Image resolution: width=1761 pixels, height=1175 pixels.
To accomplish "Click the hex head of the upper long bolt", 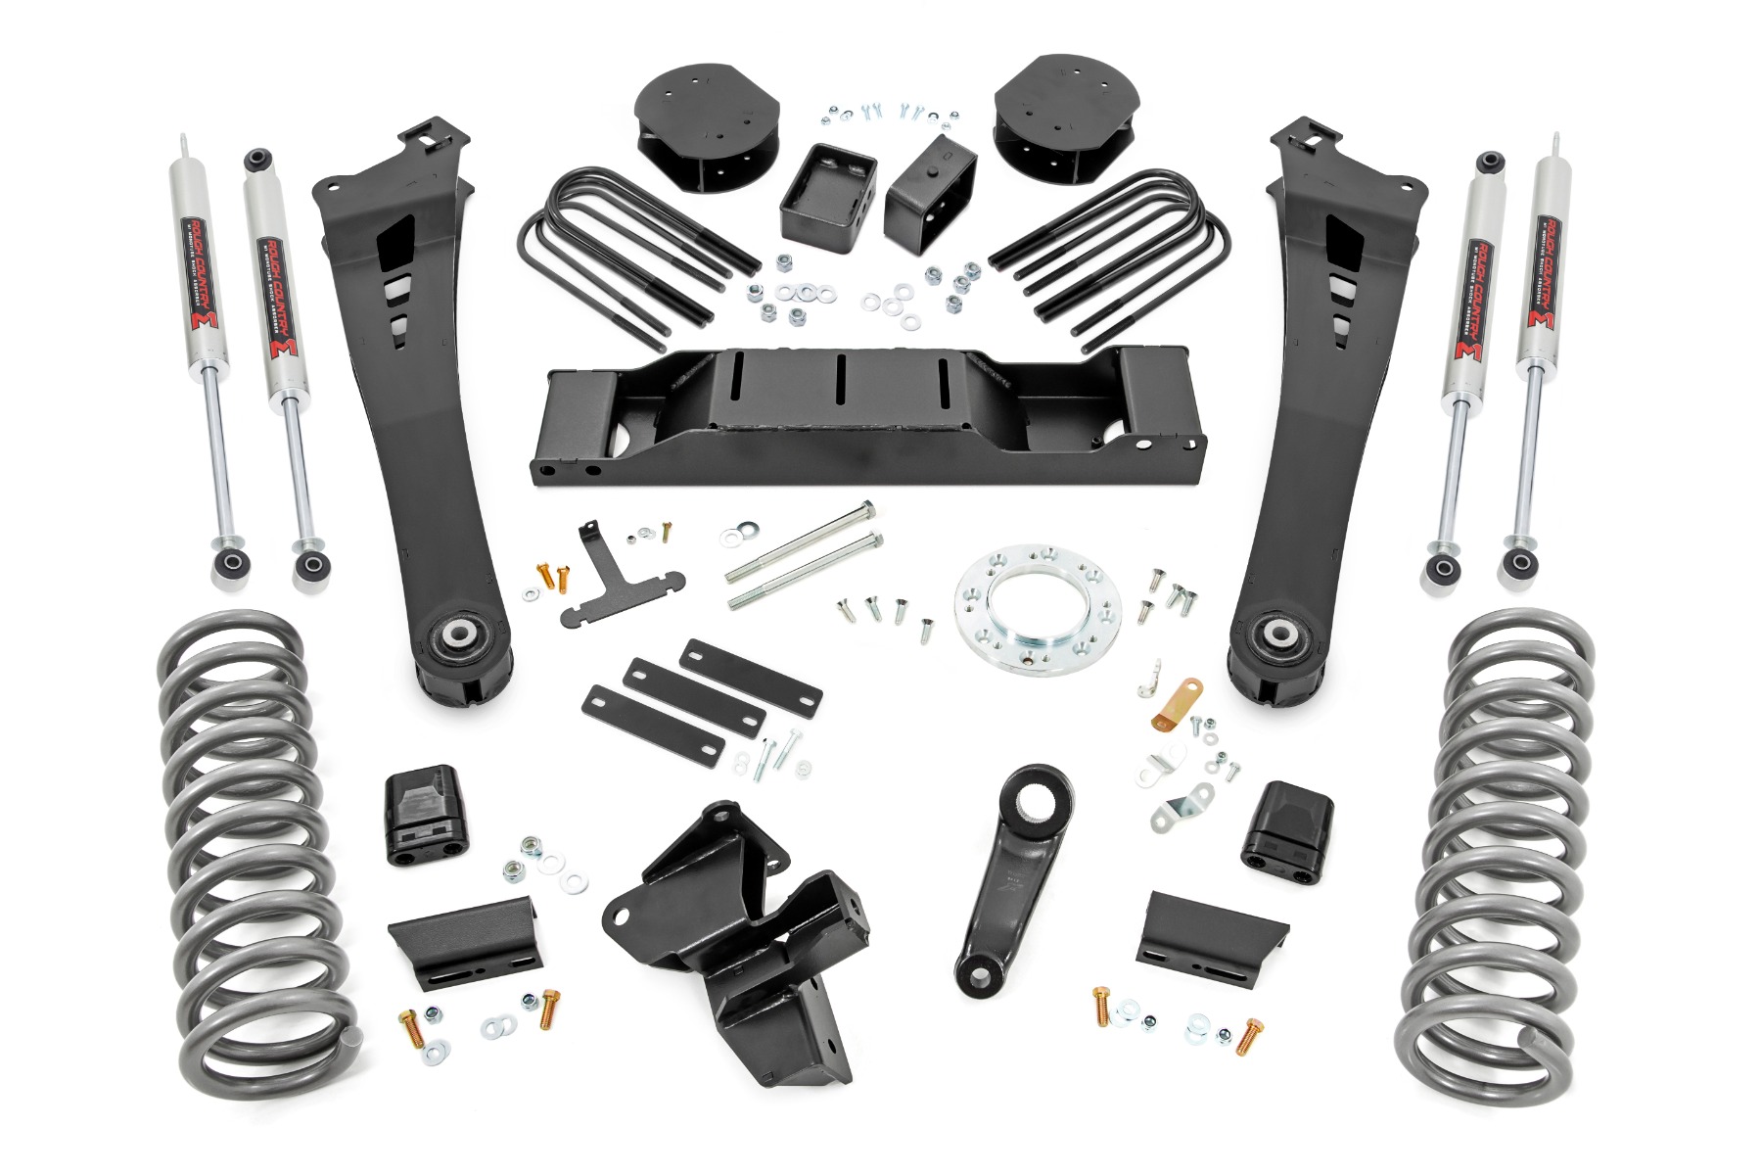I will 866,510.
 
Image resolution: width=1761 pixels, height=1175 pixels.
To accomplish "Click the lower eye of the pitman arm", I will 975,971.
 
